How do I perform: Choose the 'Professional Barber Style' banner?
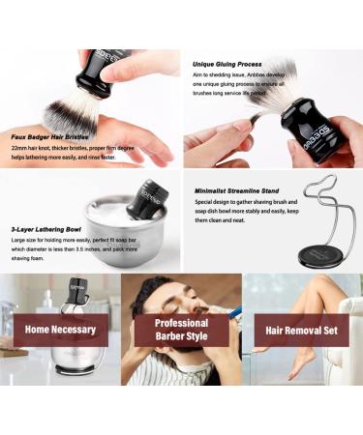tap(181, 330)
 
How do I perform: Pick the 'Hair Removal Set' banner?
tap(300, 330)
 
